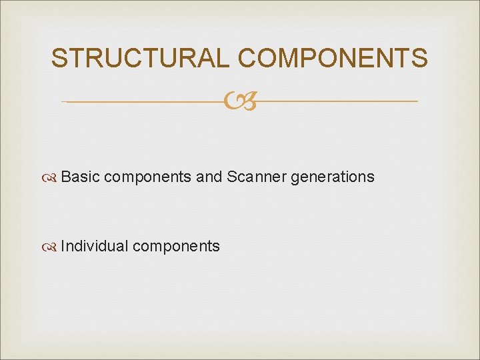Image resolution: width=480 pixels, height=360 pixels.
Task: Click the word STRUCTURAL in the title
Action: tap(142, 59)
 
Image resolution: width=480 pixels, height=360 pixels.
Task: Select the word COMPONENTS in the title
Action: tap(333, 59)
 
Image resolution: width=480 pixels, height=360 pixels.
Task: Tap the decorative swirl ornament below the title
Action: tap(239, 102)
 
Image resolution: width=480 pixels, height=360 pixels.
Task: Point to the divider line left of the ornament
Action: tap(143, 101)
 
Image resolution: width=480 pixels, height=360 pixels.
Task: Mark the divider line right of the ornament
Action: tap(337, 101)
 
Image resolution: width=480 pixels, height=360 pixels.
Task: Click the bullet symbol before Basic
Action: tap(51, 177)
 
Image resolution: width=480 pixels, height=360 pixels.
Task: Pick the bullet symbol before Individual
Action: tap(51, 247)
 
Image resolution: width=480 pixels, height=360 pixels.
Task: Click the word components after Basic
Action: tap(148, 177)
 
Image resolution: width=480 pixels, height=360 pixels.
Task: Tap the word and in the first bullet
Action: tap(209, 177)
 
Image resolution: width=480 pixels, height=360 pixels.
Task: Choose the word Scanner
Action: tap(256, 177)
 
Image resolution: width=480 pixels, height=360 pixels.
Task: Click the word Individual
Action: tap(94, 246)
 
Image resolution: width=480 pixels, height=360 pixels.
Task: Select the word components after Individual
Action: tap(176, 247)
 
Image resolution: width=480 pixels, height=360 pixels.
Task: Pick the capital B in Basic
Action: tap(65, 177)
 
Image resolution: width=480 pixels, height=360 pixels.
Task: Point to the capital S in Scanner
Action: tap(231, 177)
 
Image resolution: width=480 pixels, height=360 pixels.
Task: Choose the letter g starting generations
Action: tap(294, 178)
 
